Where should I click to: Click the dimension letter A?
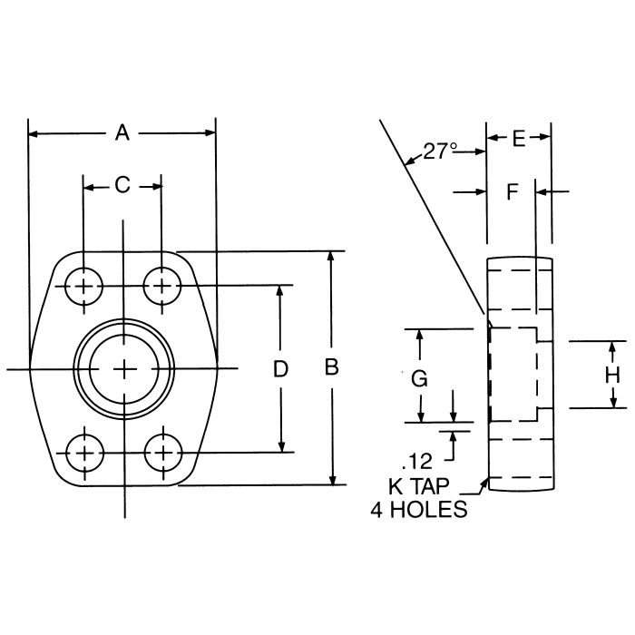point(122,133)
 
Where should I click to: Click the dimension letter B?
point(333,368)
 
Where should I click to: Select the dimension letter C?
point(122,186)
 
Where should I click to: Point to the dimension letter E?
point(519,138)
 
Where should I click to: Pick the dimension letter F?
point(512,191)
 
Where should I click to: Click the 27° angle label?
point(440,151)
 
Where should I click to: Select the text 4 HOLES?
point(418,510)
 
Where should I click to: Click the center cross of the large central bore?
point(123,368)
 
